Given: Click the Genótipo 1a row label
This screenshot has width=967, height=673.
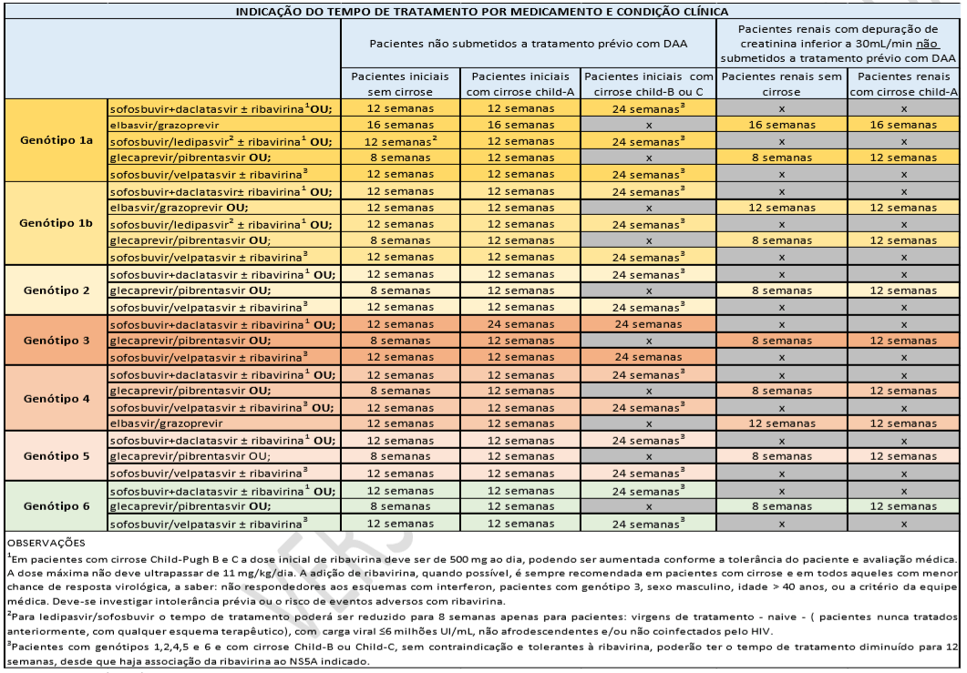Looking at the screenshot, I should [x=55, y=141].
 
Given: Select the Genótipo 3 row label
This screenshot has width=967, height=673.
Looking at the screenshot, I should [x=55, y=340].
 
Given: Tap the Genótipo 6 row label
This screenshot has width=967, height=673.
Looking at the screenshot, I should [x=55, y=505].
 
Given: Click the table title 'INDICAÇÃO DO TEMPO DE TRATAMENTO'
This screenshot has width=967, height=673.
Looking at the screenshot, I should [x=483, y=12].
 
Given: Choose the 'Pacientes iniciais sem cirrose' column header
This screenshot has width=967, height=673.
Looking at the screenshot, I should [x=401, y=84].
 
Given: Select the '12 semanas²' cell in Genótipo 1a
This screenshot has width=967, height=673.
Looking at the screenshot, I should [x=402, y=142].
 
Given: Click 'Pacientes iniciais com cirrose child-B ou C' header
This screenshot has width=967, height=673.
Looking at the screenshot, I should [x=648, y=84].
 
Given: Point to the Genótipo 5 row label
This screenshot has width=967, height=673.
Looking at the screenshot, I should [x=55, y=455].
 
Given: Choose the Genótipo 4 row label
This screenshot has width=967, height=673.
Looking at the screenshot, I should [x=55, y=398].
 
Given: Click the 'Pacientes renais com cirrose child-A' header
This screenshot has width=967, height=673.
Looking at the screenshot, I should [x=904, y=84].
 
